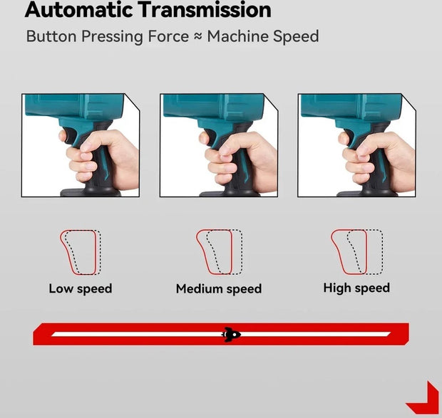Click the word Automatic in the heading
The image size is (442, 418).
click(x=79, y=9)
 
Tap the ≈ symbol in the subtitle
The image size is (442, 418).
click(x=198, y=36)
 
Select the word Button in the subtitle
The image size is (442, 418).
click(x=51, y=36)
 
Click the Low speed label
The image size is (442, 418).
click(x=81, y=288)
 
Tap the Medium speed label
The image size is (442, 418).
click(x=219, y=289)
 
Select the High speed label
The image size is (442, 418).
click(x=356, y=288)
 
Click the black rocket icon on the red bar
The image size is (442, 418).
click(x=232, y=335)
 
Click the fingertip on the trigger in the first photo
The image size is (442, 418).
click(x=63, y=136)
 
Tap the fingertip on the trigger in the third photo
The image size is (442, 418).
click(x=343, y=138)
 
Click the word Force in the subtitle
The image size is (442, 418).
click(x=168, y=36)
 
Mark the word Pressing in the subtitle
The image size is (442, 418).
click(x=113, y=37)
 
